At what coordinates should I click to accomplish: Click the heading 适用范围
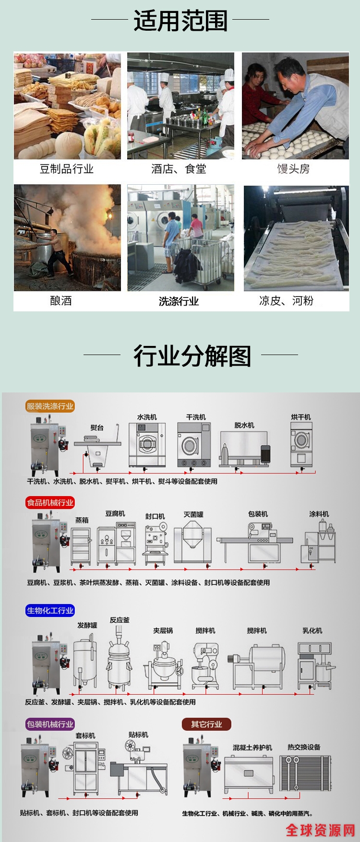coord(180,21)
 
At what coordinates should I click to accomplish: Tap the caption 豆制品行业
coord(67,169)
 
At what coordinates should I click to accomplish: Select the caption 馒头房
coord(293,169)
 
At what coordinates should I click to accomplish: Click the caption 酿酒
coord(61,301)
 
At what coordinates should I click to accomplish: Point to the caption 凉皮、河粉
coord(287,301)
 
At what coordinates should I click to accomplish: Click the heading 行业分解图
coord(192,356)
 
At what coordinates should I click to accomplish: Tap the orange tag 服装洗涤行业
coord(50,406)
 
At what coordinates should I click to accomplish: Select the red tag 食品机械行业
coord(50,502)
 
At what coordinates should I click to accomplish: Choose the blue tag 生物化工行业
coord(50,610)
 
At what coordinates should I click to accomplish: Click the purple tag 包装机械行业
coord(50,724)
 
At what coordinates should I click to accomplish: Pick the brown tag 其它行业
coord(206,724)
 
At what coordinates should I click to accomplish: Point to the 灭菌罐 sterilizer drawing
coord(193,542)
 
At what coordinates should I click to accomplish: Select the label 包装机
coord(258,514)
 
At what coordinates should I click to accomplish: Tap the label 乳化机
coord(312,630)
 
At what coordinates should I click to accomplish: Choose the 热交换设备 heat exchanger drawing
coord(306,773)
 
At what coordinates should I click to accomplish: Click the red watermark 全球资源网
coord(321,830)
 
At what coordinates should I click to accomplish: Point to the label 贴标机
coord(139,735)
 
